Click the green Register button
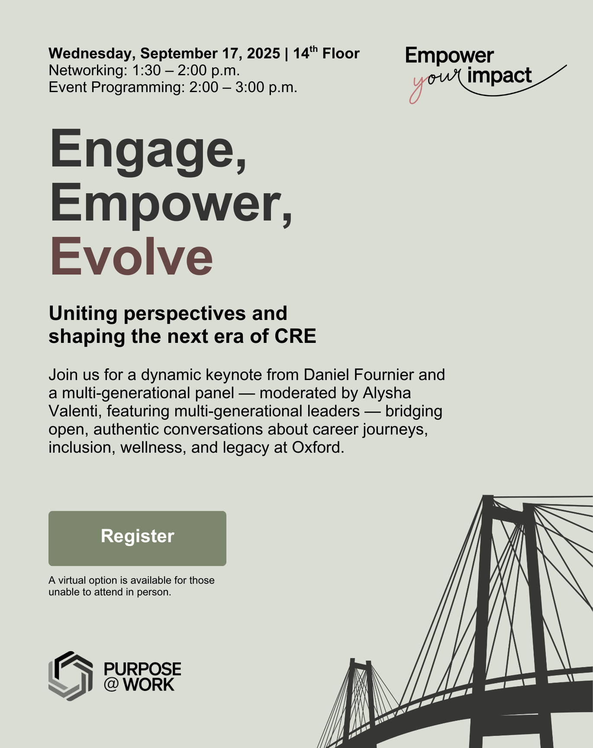137,538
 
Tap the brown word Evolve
132,257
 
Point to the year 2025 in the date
264,53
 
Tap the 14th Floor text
326,53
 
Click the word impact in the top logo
500,76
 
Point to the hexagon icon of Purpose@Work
71,676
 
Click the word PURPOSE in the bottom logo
142,669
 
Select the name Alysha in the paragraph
387,393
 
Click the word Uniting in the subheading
83,314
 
